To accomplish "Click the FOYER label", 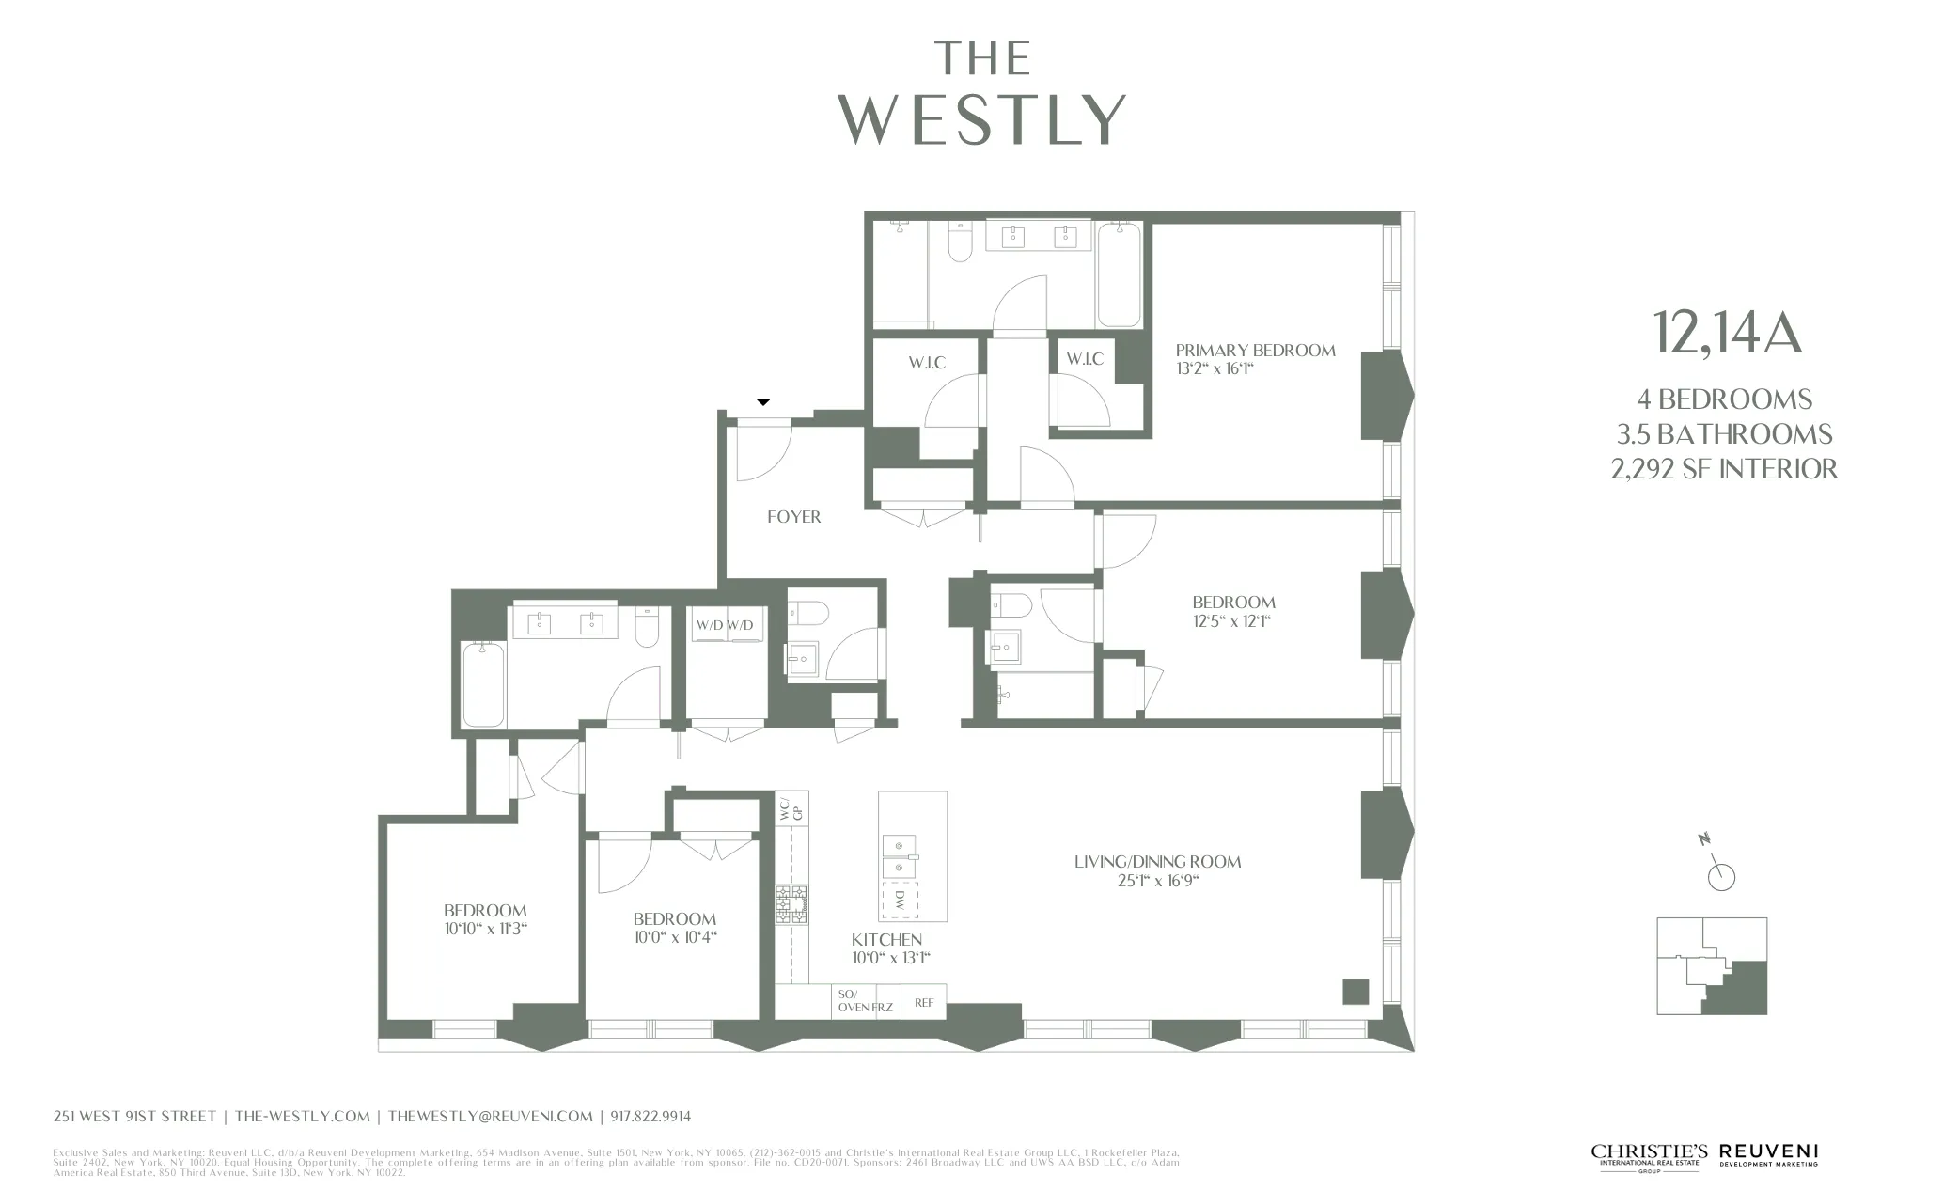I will click(793, 517).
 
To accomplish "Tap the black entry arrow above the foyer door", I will click(763, 402).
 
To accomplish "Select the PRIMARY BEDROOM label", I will click(1255, 351).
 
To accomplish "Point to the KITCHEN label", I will click(886, 940).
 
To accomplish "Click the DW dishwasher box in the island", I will click(900, 900).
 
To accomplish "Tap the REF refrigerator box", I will click(924, 1003).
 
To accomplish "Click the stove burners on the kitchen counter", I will click(791, 903).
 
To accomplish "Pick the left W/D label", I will click(710, 625).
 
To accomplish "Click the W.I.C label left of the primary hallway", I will click(927, 363).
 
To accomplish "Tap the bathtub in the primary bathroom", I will click(1119, 275).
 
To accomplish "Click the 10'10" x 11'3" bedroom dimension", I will click(486, 930).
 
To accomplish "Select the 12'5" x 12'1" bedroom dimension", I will click(1232, 621).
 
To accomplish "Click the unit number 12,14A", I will click(1726, 334).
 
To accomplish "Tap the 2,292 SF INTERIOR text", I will click(1724, 469).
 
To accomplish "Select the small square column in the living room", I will click(1355, 992).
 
